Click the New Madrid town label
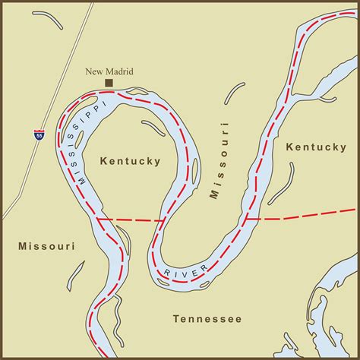[x=109, y=71]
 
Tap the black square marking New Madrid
[x=109, y=82]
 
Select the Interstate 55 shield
[x=39, y=134]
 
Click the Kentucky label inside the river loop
[x=130, y=161]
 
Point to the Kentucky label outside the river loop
[x=316, y=147]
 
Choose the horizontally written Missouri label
[x=45, y=246]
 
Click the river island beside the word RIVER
[x=162, y=282]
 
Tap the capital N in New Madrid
[x=89, y=71]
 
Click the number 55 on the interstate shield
[x=39, y=135]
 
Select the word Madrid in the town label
[x=119, y=71]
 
